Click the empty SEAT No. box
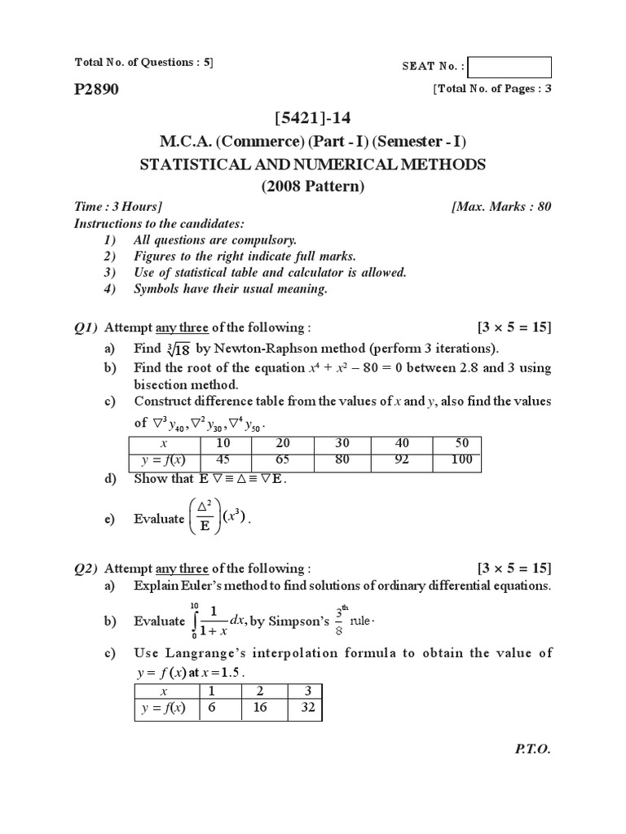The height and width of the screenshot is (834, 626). (x=510, y=67)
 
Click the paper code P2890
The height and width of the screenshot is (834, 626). (x=96, y=90)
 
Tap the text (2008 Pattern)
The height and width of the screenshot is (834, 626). (x=312, y=187)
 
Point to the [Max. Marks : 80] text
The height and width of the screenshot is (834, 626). (x=501, y=207)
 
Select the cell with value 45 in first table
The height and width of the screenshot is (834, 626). (x=222, y=459)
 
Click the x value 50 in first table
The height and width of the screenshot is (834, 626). (x=461, y=444)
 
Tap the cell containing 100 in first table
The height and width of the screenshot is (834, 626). (x=461, y=459)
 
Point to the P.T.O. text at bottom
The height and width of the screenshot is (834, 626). (x=533, y=749)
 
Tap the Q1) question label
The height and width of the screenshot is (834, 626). (x=86, y=327)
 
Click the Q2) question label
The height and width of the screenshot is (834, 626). (x=86, y=568)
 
